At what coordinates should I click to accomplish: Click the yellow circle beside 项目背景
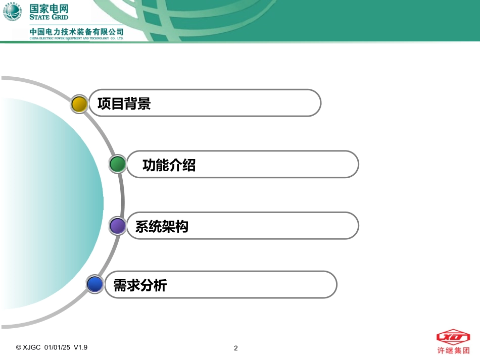click(x=79, y=104)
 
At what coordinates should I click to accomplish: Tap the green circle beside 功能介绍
click(x=118, y=164)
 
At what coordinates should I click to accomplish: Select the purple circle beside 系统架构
click(x=118, y=226)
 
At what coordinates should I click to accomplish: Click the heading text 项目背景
click(x=124, y=104)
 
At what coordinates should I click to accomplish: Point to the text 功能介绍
click(x=169, y=165)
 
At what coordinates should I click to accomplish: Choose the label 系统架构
click(x=162, y=226)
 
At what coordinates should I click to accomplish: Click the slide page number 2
click(x=236, y=348)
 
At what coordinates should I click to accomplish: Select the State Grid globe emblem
click(x=13, y=12)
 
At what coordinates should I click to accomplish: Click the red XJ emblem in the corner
click(x=453, y=337)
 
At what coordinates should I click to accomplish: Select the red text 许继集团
click(x=453, y=349)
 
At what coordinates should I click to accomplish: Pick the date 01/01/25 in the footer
click(x=57, y=347)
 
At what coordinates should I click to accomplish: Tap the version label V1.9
click(x=81, y=347)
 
